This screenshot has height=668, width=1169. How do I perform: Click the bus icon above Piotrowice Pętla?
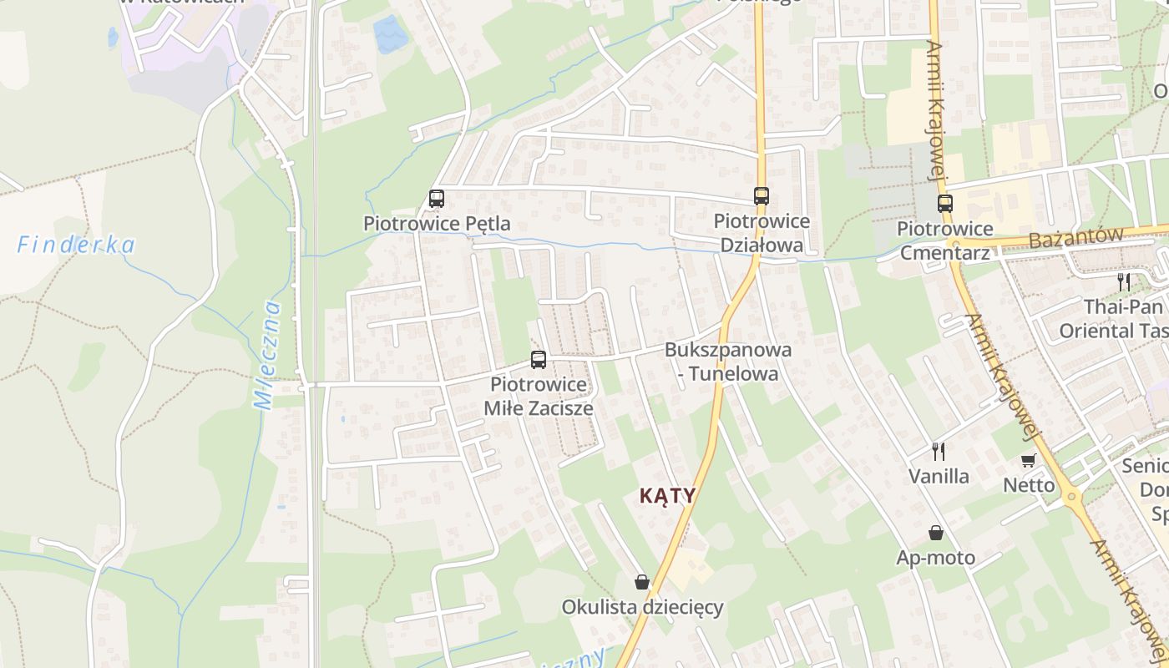coord(437,199)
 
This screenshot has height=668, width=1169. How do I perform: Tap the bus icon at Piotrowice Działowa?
coord(762,196)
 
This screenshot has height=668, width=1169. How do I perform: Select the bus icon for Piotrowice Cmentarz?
coord(944,204)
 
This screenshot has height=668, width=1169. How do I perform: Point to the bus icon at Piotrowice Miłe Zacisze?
coord(539,360)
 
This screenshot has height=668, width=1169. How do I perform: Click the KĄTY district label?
coord(667,495)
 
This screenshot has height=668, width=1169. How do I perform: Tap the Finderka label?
coord(76,245)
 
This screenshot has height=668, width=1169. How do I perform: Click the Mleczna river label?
coord(268,355)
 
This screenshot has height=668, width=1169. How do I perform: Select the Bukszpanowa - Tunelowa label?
coord(728,362)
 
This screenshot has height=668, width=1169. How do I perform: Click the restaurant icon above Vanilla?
coord(939,452)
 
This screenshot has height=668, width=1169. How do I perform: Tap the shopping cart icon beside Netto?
coord(1029,460)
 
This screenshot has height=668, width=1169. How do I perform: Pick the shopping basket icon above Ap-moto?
coord(936,533)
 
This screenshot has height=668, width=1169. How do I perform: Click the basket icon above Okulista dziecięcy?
coord(641,582)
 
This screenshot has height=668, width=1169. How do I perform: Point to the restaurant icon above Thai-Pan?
coord(1124,281)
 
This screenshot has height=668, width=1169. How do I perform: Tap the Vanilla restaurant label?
coord(939,477)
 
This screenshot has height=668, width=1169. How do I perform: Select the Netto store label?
coord(1029,485)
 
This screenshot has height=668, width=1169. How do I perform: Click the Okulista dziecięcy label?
coord(642,607)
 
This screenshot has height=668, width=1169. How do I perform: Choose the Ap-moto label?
coord(936,558)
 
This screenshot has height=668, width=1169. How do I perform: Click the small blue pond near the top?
coord(388,34)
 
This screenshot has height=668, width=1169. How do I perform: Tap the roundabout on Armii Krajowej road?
coord(1073,497)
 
